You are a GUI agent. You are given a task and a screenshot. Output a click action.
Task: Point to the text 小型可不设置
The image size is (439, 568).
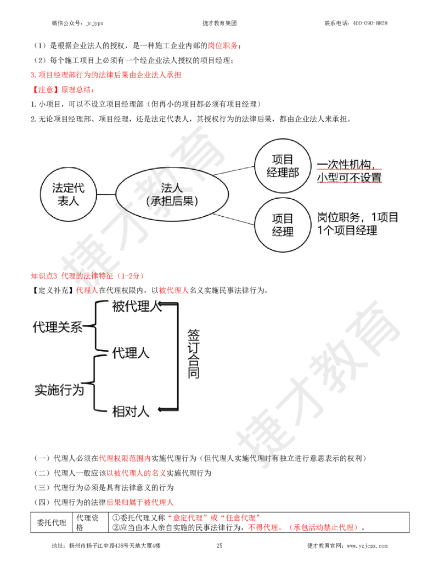click(349, 177)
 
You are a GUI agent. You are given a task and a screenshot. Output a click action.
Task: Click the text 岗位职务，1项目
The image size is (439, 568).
click(357, 217)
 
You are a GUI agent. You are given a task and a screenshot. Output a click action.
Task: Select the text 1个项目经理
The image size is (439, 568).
click(347, 230)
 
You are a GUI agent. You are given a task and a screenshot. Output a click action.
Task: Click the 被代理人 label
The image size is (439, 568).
click(137, 306)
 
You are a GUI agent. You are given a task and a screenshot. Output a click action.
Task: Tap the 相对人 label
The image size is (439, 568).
click(131, 411)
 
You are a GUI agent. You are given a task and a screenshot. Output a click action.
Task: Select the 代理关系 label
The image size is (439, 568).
click(58, 327)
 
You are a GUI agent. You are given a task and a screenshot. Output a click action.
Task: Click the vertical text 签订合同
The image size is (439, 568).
click(193, 354)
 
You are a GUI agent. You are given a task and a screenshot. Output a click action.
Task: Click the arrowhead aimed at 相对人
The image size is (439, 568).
click(160, 409)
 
